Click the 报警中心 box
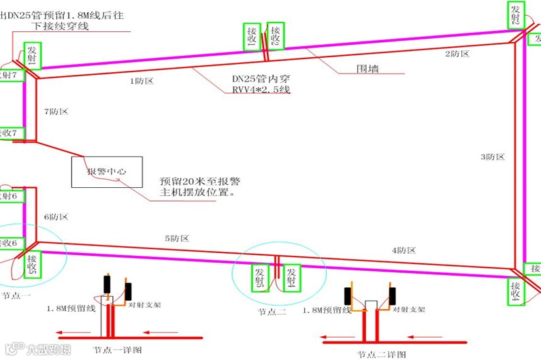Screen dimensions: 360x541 [x=107, y=172]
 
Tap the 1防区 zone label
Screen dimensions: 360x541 [x=142, y=81]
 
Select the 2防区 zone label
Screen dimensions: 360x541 [x=457, y=53]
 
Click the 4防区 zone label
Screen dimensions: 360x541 [x=403, y=251]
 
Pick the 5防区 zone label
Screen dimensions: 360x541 [x=176, y=239]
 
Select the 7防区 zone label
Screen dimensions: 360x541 [x=56, y=111]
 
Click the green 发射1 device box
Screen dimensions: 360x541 [x=32, y=55]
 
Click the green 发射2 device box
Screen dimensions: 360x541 [x=517, y=14]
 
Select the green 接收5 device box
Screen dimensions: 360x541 [x=32, y=264]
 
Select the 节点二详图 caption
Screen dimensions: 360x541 [x=382, y=354]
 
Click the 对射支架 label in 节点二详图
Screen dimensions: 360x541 [x=408, y=309]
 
